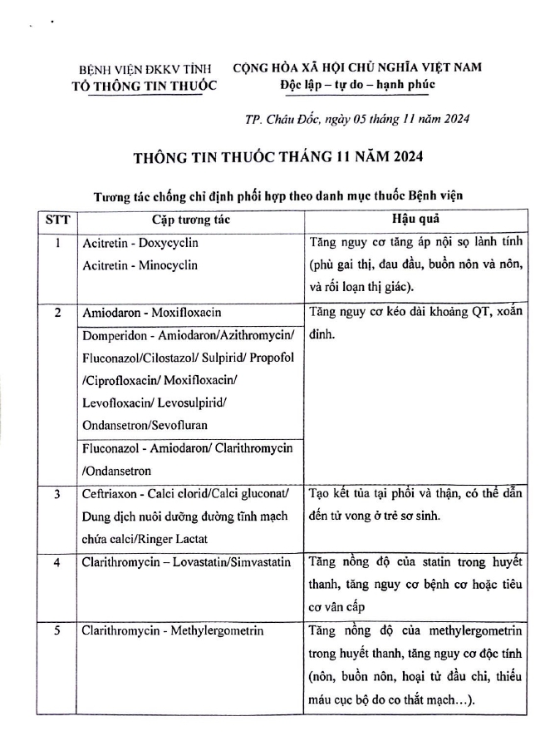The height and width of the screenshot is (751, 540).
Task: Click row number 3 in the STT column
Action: pyautogui.click(x=57, y=494)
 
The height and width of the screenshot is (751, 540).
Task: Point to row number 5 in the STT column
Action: pyautogui.click(x=57, y=630)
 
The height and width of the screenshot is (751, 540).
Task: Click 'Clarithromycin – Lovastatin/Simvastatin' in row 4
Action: pyautogui.click(x=186, y=562)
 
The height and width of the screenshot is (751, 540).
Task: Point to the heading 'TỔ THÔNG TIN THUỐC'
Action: pyautogui.click(x=144, y=86)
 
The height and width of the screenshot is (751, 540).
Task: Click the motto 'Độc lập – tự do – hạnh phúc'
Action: pyautogui.click(x=358, y=85)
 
